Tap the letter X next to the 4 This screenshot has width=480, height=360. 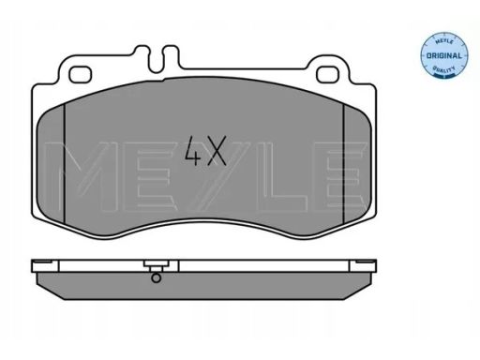[x=217, y=149]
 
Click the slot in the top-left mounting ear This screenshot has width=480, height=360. [x=80, y=72]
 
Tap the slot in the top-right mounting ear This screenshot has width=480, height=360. [x=331, y=72]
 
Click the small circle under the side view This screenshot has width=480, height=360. [x=157, y=277]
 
